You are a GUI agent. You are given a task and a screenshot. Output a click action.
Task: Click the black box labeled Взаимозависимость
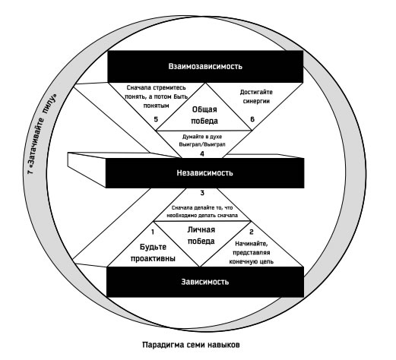click(x=205, y=67)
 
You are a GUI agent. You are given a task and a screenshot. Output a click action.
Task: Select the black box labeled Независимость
click(x=204, y=173)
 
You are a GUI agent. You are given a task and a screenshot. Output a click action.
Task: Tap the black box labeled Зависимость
click(x=205, y=282)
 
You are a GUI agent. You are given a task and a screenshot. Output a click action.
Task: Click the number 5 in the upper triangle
click(x=156, y=119)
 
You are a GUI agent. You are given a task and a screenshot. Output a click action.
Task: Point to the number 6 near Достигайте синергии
click(x=252, y=119)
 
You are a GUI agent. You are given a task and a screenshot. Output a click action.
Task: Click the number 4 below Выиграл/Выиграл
click(x=202, y=153)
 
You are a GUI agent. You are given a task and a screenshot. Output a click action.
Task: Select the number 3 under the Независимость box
click(x=202, y=193)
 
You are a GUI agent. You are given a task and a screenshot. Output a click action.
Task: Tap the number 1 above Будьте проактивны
click(x=153, y=232)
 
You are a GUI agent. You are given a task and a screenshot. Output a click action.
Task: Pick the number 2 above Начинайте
click(x=252, y=232)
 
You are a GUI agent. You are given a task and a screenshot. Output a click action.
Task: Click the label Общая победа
click(x=204, y=115)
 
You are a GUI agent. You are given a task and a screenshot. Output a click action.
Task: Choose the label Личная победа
click(x=201, y=235)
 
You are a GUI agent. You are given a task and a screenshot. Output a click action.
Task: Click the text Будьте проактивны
click(x=153, y=253)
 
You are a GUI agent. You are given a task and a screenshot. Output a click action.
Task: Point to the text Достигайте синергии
click(x=256, y=96)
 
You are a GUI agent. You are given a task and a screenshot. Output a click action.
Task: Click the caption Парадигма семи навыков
click(x=191, y=345)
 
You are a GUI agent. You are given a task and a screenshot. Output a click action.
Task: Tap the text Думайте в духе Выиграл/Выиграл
click(x=202, y=141)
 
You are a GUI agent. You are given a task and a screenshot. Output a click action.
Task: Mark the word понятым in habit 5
click(x=156, y=106)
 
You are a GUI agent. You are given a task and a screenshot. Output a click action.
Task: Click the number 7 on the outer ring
click(x=30, y=172)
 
